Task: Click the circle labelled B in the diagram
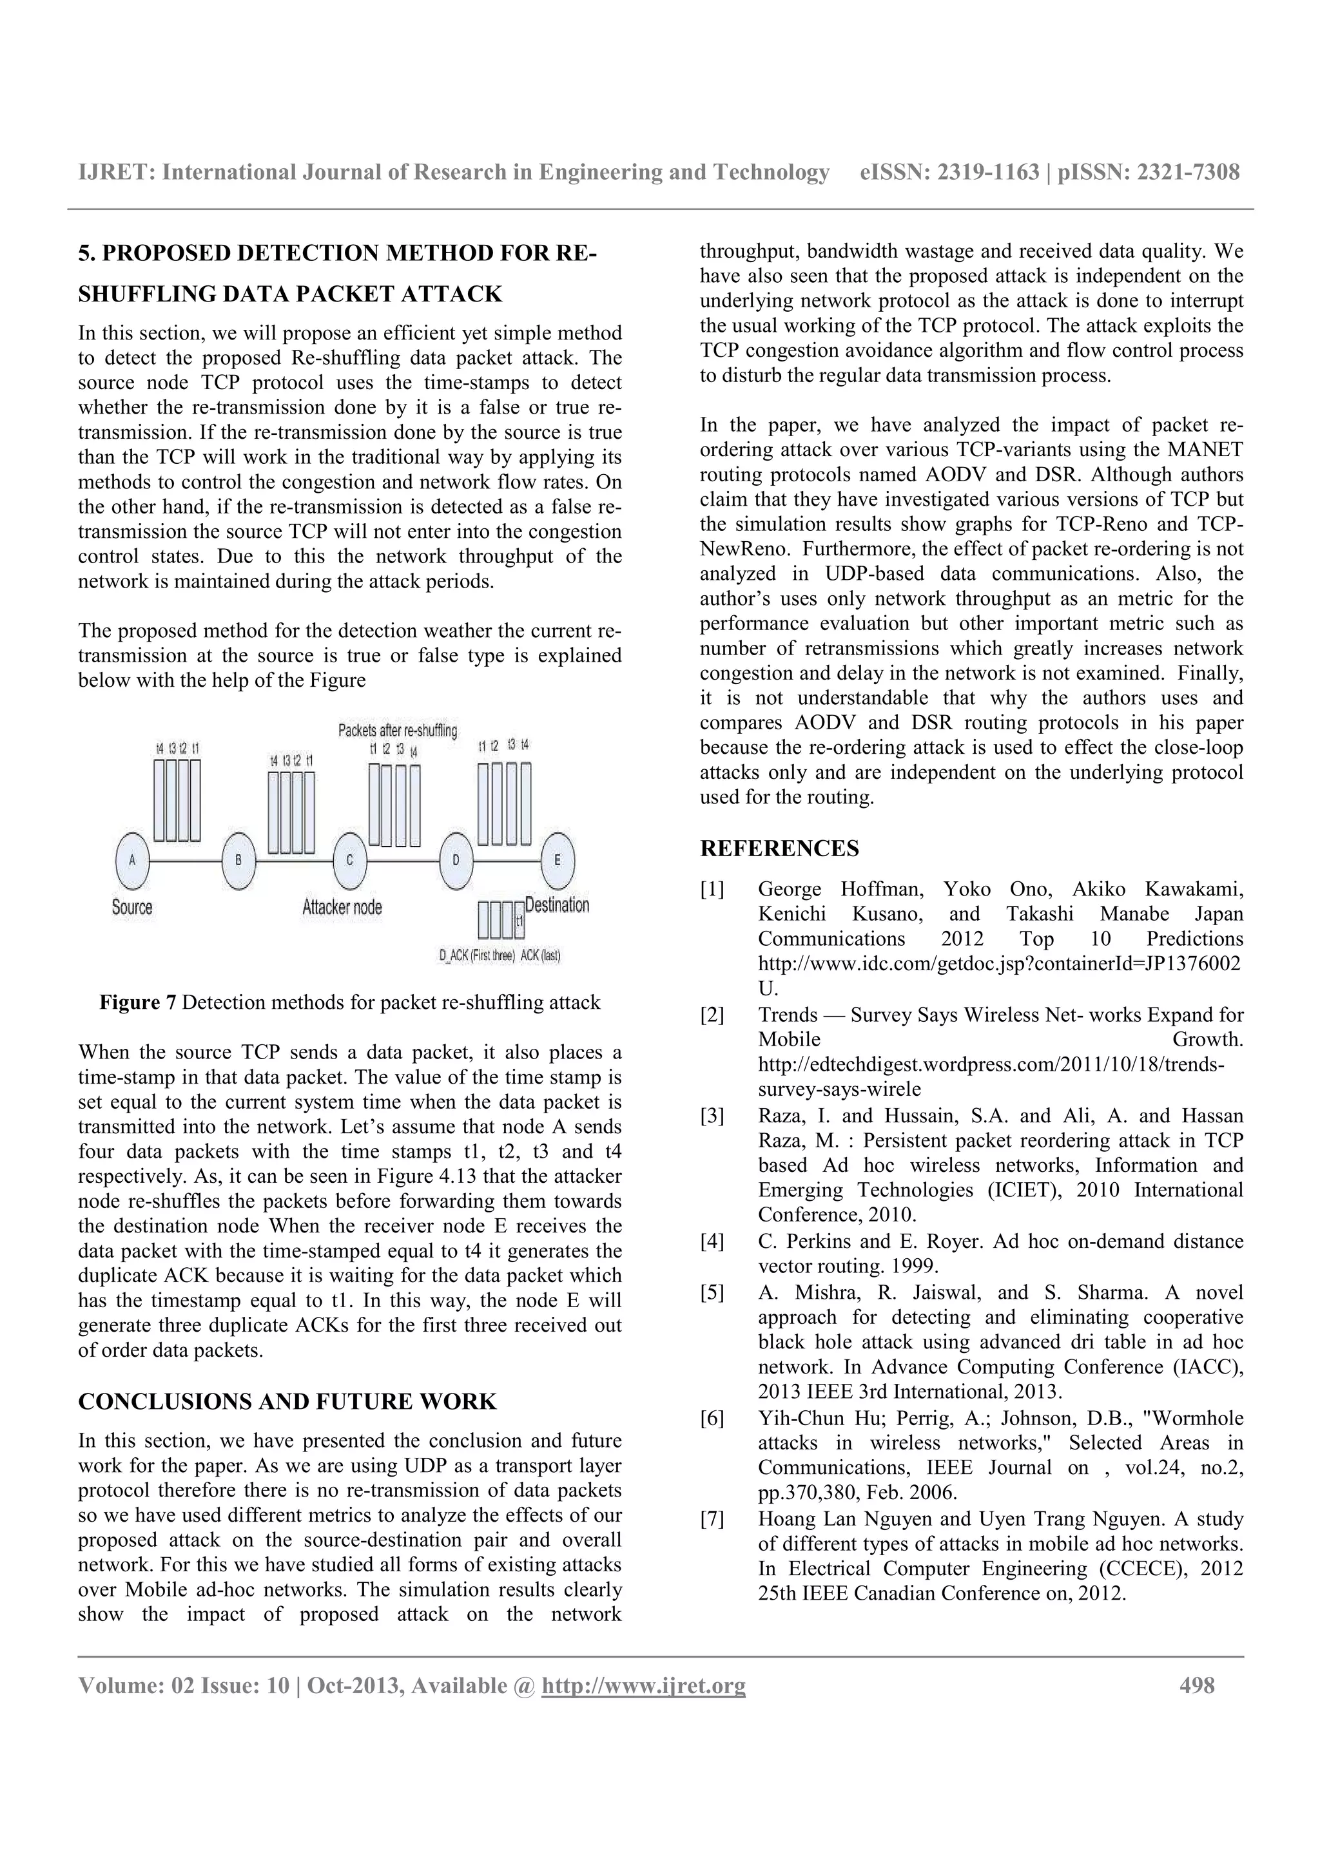(x=238, y=860)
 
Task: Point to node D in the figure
(x=456, y=860)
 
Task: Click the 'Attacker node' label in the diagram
(x=342, y=906)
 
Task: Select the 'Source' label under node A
(x=131, y=906)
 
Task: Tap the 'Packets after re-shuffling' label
(x=398, y=730)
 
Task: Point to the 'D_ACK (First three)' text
(x=476, y=956)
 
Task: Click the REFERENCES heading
(x=779, y=849)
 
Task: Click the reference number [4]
(x=712, y=1241)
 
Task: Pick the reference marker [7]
(x=712, y=1519)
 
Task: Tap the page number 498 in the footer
(x=1197, y=1686)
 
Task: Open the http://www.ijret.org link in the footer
(x=643, y=1686)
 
